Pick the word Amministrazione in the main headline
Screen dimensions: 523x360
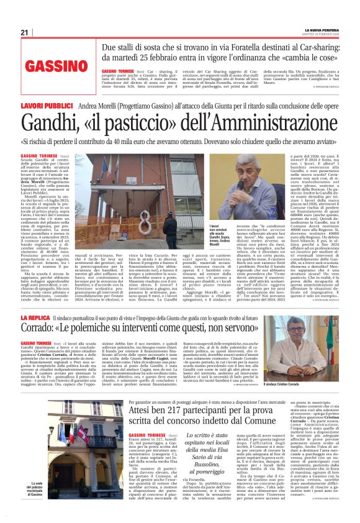click(x=283, y=127)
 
